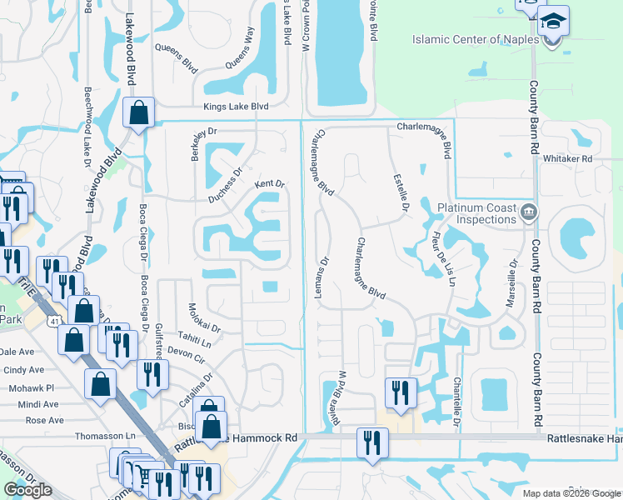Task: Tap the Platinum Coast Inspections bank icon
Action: click(x=527, y=212)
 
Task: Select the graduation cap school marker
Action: click(x=552, y=21)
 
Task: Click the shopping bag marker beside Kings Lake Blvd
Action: click(x=138, y=112)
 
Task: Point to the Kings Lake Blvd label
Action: click(x=237, y=107)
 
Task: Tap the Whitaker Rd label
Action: click(x=566, y=158)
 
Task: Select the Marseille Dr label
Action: click(x=511, y=286)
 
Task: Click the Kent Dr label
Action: click(x=270, y=184)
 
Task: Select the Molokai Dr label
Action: click(x=204, y=317)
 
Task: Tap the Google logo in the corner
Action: click(x=27, y=490)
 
